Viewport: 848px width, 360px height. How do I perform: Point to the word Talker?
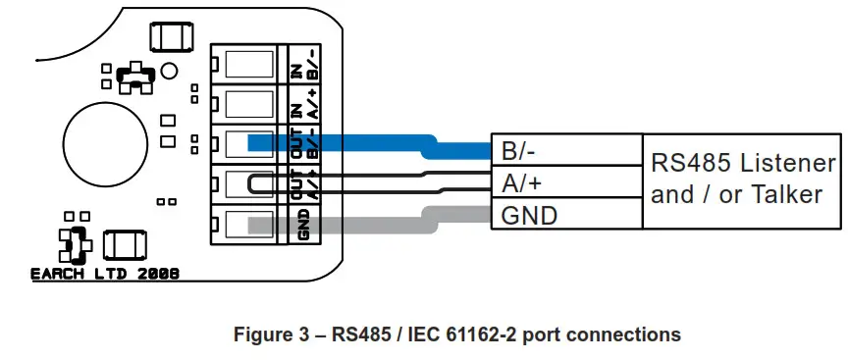click(784, 194)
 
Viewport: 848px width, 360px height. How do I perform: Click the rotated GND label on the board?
click(302, 225)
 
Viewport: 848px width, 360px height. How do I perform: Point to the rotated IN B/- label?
click(302, 64)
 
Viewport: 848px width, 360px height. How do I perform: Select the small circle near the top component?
click(169, 72)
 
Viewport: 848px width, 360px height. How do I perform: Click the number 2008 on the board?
click(158, 276)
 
